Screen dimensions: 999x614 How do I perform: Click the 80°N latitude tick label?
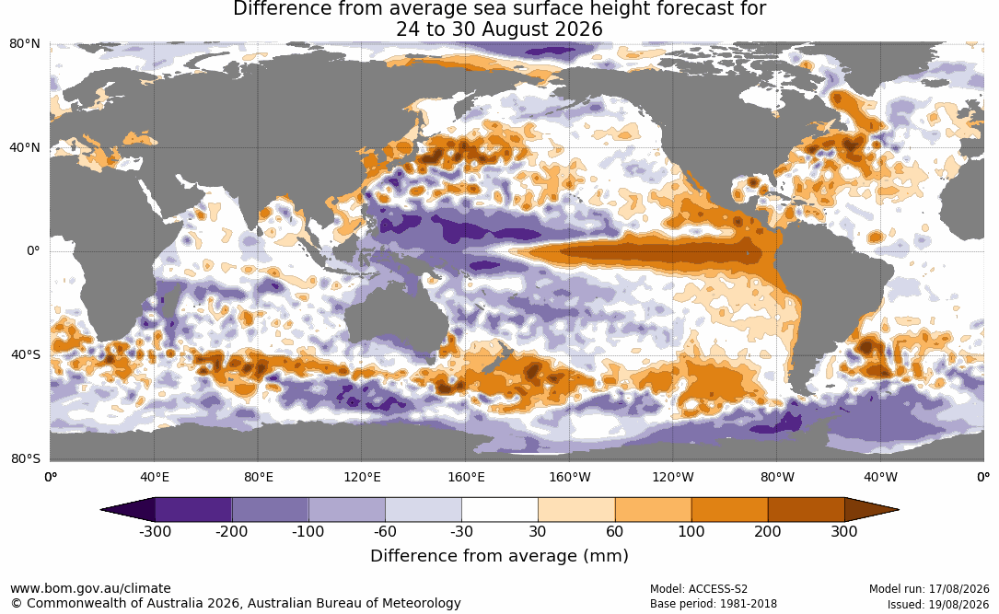pyautogui.click(x=25, y=44)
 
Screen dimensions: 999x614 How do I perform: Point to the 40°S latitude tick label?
pyautogui.click(x=26, y=354)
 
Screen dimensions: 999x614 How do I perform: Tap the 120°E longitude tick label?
pyautogui.click(x=363, y=477)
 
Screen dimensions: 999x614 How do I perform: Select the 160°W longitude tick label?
pyautogui.click(x=570, y=477)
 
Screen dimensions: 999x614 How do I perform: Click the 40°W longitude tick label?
pyautogui.click(x=881, y=477)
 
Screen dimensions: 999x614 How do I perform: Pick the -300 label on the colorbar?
pyautogui.click(x=155, y=531)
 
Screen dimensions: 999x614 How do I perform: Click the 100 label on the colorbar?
pyautogui.click(x=691, y=531)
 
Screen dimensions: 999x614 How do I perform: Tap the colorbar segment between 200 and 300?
pyautogui.click(x=806, y=510)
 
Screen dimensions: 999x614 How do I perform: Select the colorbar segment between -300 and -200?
pyautogui.click(x=193, y=510)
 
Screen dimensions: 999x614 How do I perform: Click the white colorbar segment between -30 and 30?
pyautogui.click(x=499, y=510)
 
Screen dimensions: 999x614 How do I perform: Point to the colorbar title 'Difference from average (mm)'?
pyautogui.click(x=499, y=555)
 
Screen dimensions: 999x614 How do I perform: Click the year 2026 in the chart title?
pyautogui.click(x=579, y=29)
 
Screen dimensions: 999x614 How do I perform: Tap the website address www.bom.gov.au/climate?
pyautogui.click(x=90, y=588)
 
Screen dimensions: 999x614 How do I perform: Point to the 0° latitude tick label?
pyautogui.click(x=33, y=251)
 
